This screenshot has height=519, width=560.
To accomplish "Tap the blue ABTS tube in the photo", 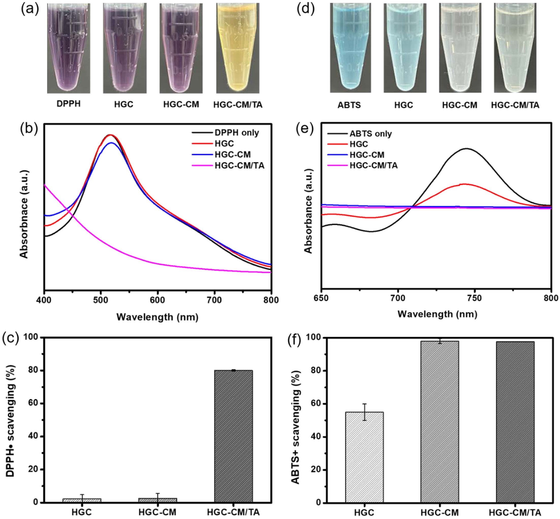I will coord(350,48).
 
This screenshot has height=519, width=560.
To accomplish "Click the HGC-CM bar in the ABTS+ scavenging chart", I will coord(440,421).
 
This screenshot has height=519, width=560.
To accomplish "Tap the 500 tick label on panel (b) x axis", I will coord(101,300).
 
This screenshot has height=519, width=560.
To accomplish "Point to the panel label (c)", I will coord(10,338).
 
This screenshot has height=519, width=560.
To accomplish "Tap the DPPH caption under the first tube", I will coord(69,104).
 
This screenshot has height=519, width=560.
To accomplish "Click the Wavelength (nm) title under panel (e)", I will coord(437,314).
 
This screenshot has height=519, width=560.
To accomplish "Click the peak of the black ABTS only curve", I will coord(467,149).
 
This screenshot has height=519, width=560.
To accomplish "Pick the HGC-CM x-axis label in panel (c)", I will coord(157,512).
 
